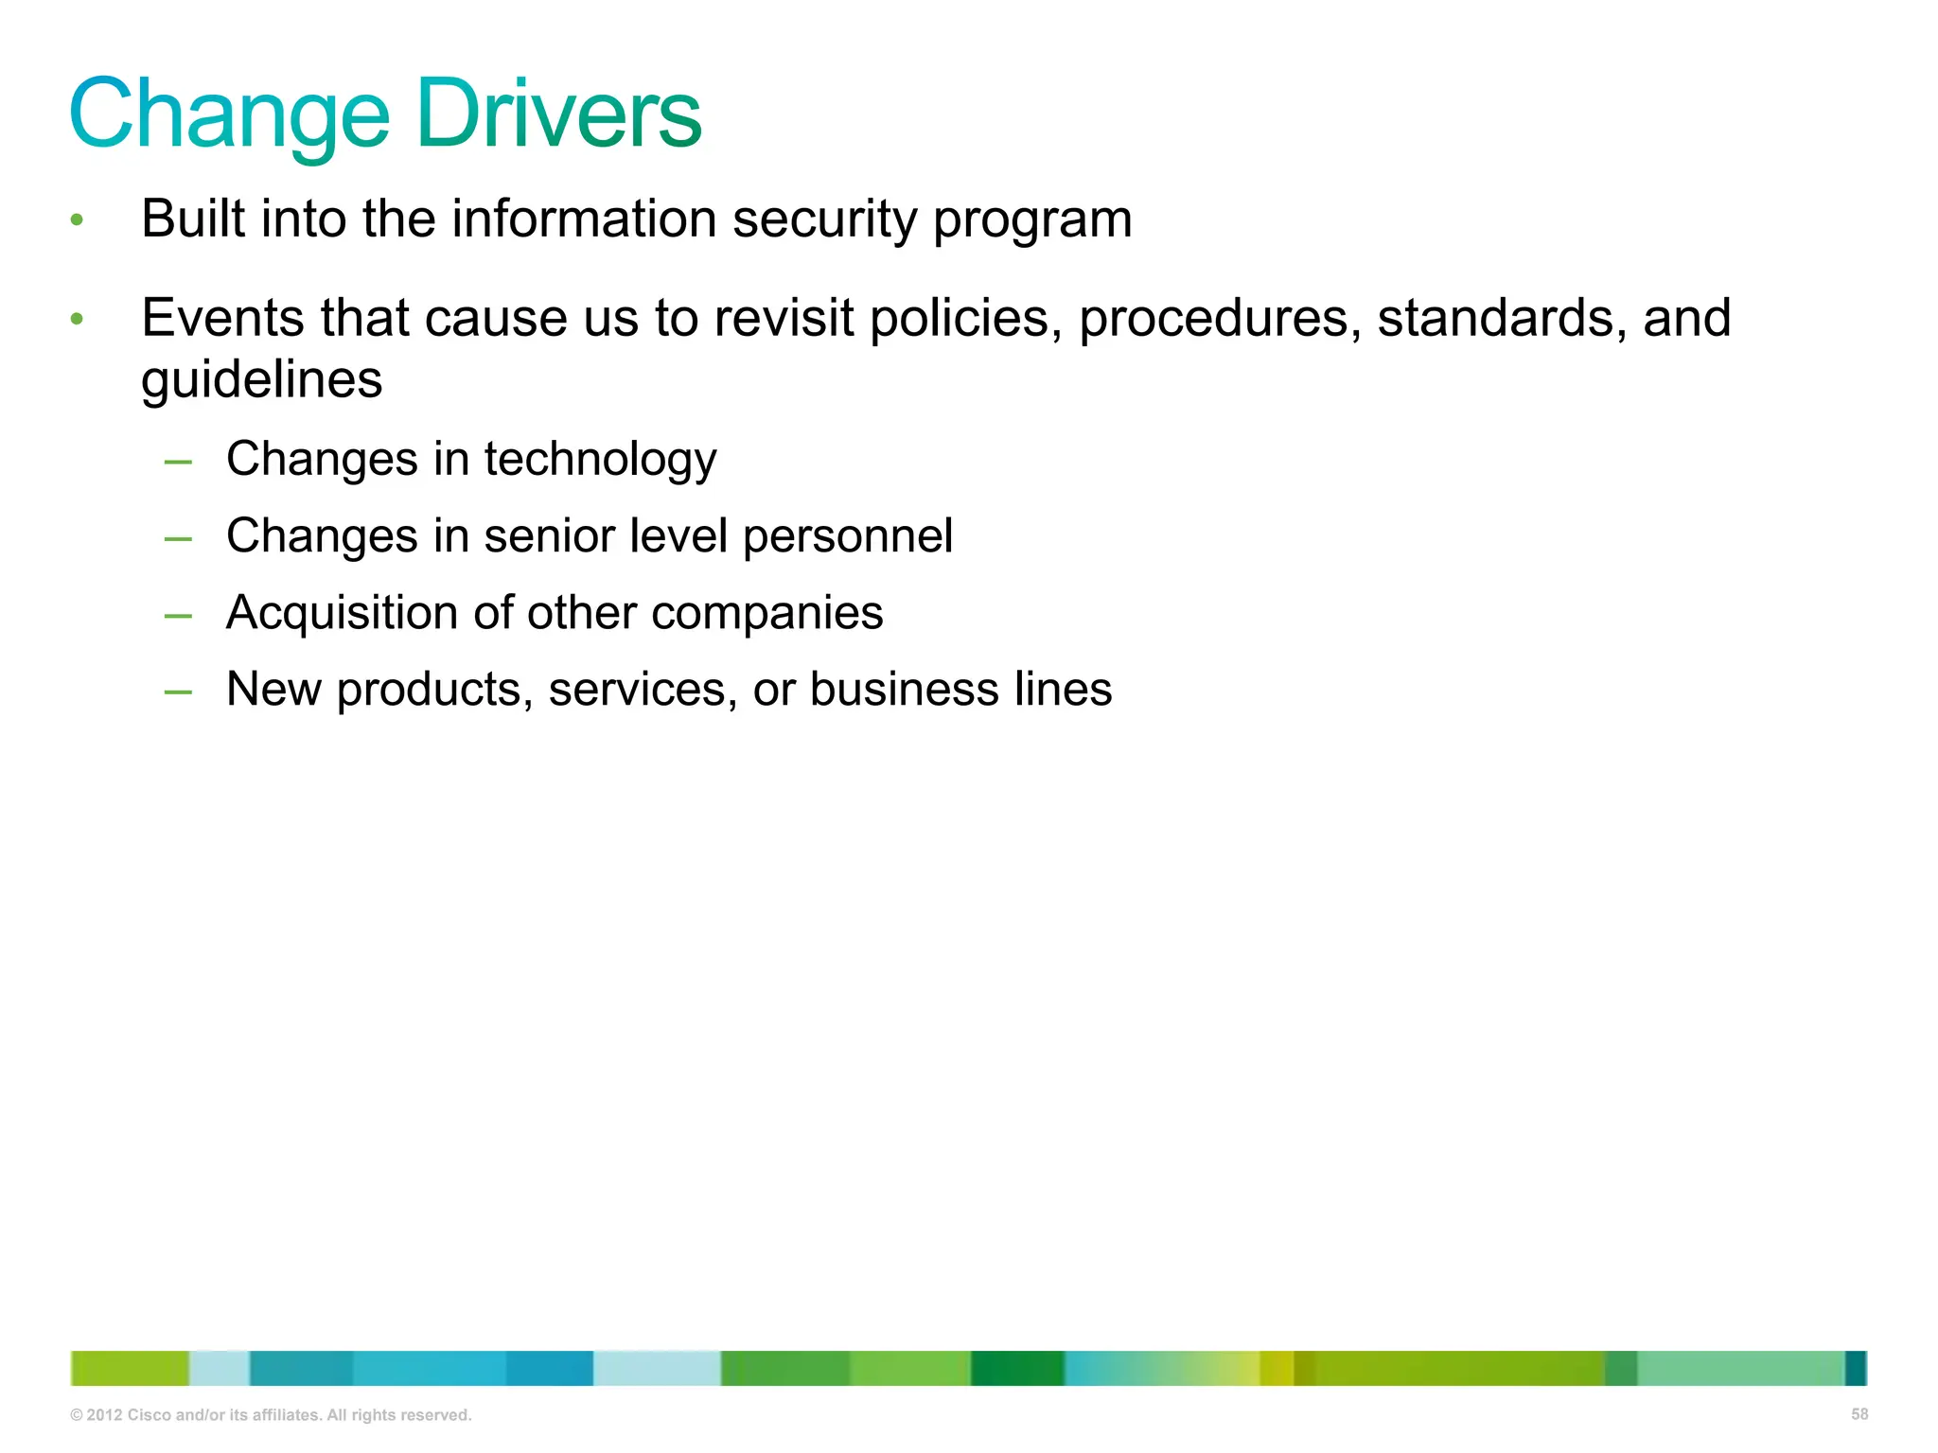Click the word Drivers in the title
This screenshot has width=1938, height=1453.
(558, 114)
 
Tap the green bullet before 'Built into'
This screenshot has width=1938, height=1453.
(78, 220)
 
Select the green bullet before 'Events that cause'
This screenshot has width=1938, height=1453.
(78, 319)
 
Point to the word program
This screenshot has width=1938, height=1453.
(1032, 220)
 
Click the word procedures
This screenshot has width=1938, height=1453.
(1220, 319)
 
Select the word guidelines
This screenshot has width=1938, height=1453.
(262, 380)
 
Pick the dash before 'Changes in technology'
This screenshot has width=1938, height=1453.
(178, 463)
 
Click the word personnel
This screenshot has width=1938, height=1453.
(847, 536)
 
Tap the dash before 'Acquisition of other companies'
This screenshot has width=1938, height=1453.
(178, 617)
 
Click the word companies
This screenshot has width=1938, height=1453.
(767, 613)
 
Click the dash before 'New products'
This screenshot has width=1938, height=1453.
(178, 693)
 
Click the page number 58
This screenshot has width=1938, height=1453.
(1859, 1414)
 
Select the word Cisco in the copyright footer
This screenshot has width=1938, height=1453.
(150, 1415)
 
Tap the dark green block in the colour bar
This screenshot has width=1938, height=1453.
(1017, 1368)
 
